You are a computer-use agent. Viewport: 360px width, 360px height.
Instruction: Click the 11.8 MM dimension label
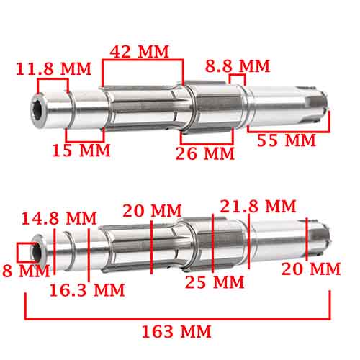coord(55,69)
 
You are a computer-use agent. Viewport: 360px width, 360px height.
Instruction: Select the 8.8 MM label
coord(237,66)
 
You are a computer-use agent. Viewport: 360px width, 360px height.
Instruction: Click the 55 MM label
coord(287,140)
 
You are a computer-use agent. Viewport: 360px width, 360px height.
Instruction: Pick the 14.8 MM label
coord(59,217)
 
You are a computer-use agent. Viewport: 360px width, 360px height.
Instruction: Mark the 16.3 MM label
coord(87,290)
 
